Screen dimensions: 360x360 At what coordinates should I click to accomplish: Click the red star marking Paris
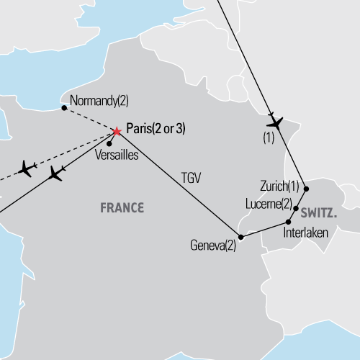(117, 131)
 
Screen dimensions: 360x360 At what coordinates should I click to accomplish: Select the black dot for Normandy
(64, 108)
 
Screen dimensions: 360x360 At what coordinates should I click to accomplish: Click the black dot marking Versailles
(109, 143)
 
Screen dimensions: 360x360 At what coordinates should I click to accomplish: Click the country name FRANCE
(121, 208)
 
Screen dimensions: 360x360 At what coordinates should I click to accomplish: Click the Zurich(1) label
(279, 184)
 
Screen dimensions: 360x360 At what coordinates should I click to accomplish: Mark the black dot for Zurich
(307, 189)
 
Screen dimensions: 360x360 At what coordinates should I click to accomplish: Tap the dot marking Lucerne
(296, 208)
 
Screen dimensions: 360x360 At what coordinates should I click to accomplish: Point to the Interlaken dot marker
(289, 222)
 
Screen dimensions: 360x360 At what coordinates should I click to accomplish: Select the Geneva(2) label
(213, 245)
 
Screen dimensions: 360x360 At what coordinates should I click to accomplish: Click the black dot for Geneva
(240, 236)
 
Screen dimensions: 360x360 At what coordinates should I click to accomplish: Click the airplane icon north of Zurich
(274, 120)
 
